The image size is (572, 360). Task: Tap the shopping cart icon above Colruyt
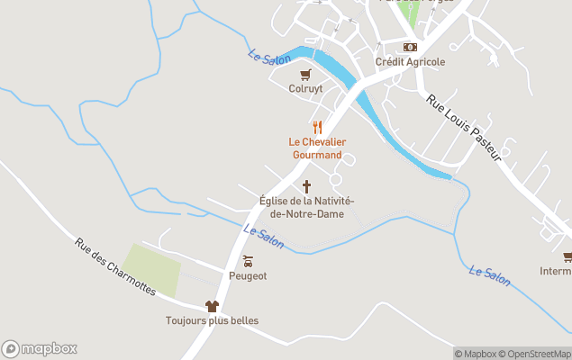pos(305,75)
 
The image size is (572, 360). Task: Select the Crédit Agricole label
pos(410,62)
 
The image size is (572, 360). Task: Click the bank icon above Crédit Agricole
pos(410,47)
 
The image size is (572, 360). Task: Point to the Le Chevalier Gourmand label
pos(317,148)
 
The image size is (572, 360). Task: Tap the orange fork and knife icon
pos(317,128)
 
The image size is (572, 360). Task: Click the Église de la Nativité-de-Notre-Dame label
pos(306,206)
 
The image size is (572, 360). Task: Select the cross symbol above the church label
pos(306,186)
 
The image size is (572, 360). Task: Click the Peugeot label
pos(247,276)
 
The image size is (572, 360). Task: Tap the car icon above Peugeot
pos(247,261)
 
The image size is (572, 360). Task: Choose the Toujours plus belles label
pos(212,321)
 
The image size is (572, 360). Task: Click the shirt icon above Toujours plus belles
pos(212,306)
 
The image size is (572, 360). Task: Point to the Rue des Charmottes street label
pos(114,266)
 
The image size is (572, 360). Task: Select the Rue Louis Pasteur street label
pos(463,128)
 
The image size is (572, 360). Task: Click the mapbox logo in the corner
pos(40,348)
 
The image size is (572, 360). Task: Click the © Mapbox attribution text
pos(476,354)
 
